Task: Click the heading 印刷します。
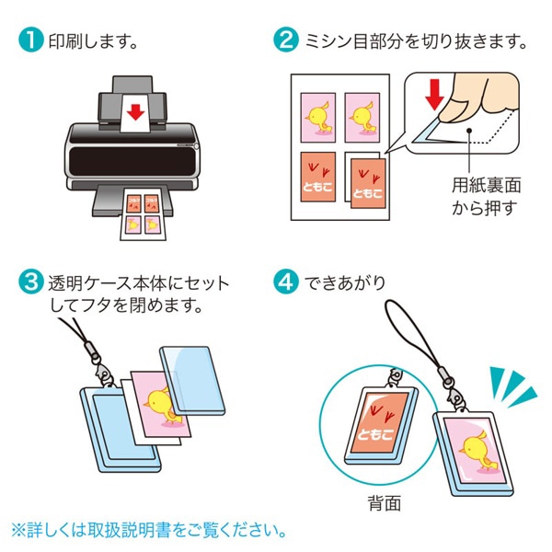92,41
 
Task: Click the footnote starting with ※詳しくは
148,531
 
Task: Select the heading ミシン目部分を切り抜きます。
415,41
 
